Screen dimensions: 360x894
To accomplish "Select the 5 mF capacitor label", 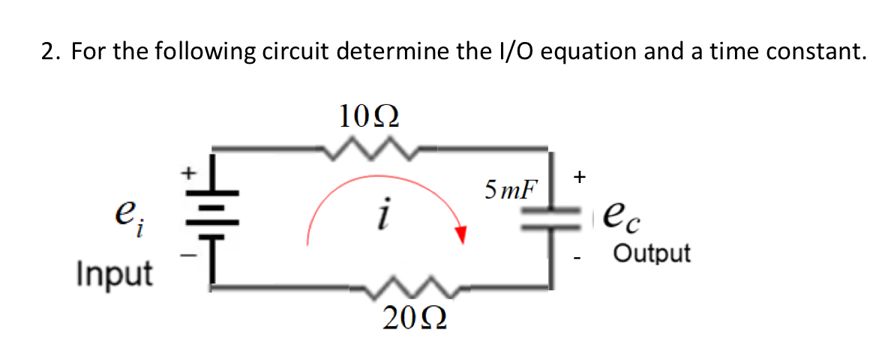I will [x=511, y=187].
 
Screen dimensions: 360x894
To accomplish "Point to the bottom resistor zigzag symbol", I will [x=412, y=286].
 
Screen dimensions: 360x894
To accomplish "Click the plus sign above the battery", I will [x=190, y=172].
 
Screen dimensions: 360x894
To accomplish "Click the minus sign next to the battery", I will [x=190, y=256].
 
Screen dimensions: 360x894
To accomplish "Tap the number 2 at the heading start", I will [x=46, y=52].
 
